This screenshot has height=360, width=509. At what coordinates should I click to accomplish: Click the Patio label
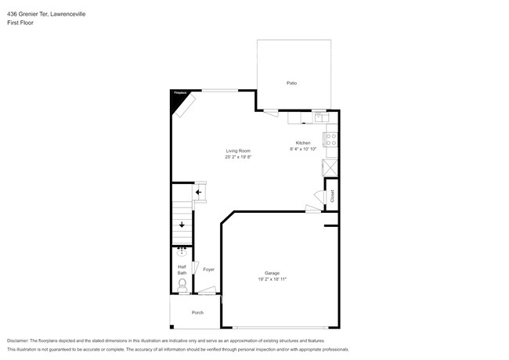[x=291, y=83]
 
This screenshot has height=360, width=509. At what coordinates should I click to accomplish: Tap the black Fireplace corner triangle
[x=176, y=96]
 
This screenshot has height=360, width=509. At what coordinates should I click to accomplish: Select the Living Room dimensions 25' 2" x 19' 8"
[x=238, y=157]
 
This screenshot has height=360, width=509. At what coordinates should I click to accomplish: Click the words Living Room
[x=238, y=150]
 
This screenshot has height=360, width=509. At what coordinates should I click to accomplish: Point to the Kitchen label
[x=303, y=142]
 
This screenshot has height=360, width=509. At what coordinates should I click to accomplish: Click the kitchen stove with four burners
[x=331, y=141]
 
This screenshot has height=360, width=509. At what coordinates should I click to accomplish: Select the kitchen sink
[x=320, y=118]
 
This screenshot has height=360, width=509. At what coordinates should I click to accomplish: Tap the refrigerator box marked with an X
[x=330, y=167]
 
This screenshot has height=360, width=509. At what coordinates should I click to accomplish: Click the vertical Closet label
[x=331, y=196]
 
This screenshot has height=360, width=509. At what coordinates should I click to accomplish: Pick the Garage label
[x=272, y=273]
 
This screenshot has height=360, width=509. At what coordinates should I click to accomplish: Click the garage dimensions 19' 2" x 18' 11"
[x=272, y=279]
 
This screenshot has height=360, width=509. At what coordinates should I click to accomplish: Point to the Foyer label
[x=208, y=269]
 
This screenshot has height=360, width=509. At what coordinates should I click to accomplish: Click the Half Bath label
[x=182, y=270]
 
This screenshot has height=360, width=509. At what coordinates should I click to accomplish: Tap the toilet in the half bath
[x=182, y=285]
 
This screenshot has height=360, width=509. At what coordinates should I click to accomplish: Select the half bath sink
[x=182, y=251]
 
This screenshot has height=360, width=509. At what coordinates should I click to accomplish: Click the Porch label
[x=197, y=312]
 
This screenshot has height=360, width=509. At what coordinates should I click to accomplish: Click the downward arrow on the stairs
[x=182, y=225]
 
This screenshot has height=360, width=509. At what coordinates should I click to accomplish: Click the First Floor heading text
[x=20, y=23]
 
